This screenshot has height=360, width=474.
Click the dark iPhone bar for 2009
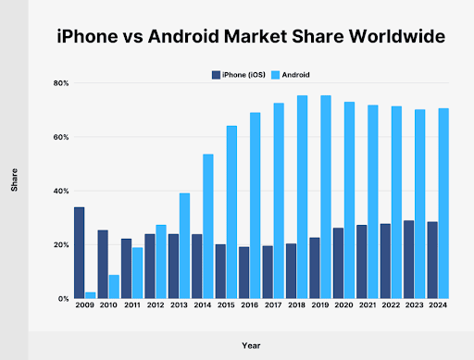tap(79, 253)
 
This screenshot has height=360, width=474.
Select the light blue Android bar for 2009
tap(90, 295)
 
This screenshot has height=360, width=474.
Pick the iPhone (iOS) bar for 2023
tap(408, 259)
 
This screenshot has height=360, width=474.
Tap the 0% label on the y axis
tap(61, 299)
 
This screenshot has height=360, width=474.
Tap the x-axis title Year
tap(251, 345)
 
